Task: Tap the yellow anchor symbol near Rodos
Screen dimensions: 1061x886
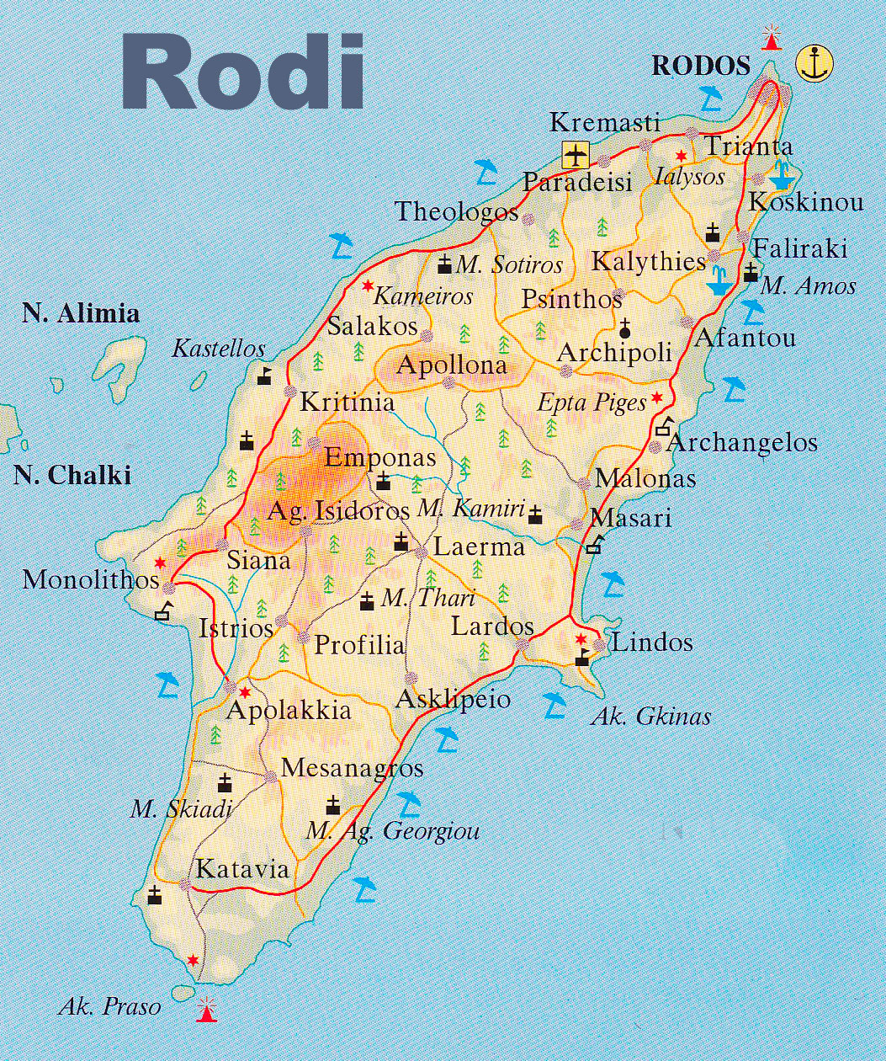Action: click(x=814, y=64)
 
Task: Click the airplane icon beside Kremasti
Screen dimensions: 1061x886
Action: click(x=576, y=155)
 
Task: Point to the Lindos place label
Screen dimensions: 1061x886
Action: click(x=651, y=643)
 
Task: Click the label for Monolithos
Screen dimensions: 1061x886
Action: click(x=91, y=580)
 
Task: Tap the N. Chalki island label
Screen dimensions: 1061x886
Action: click(x=72, y=476)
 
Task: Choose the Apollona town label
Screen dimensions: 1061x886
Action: click(x=452, y=365)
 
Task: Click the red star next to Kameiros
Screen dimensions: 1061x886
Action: click(x=368, y=286)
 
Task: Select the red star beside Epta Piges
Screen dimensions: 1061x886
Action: click(x=657, y=397)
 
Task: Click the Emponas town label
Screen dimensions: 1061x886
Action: click(x=380, y=458)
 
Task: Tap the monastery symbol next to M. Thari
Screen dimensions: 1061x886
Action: click(x=367, y=601)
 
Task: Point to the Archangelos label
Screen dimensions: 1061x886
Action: click(x=742, y=442)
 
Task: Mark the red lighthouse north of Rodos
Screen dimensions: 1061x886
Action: click(x=770, y=37)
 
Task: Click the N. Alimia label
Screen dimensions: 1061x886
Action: click(x=81, y=314)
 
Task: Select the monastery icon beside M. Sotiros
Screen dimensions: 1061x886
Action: click(x=444, y=265)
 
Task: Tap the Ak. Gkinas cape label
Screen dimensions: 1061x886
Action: click(x=650, y=717)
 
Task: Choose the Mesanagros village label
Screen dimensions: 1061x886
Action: click(x=352, y=768)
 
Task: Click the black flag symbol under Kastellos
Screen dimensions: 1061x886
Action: click(x=265, y=375)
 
